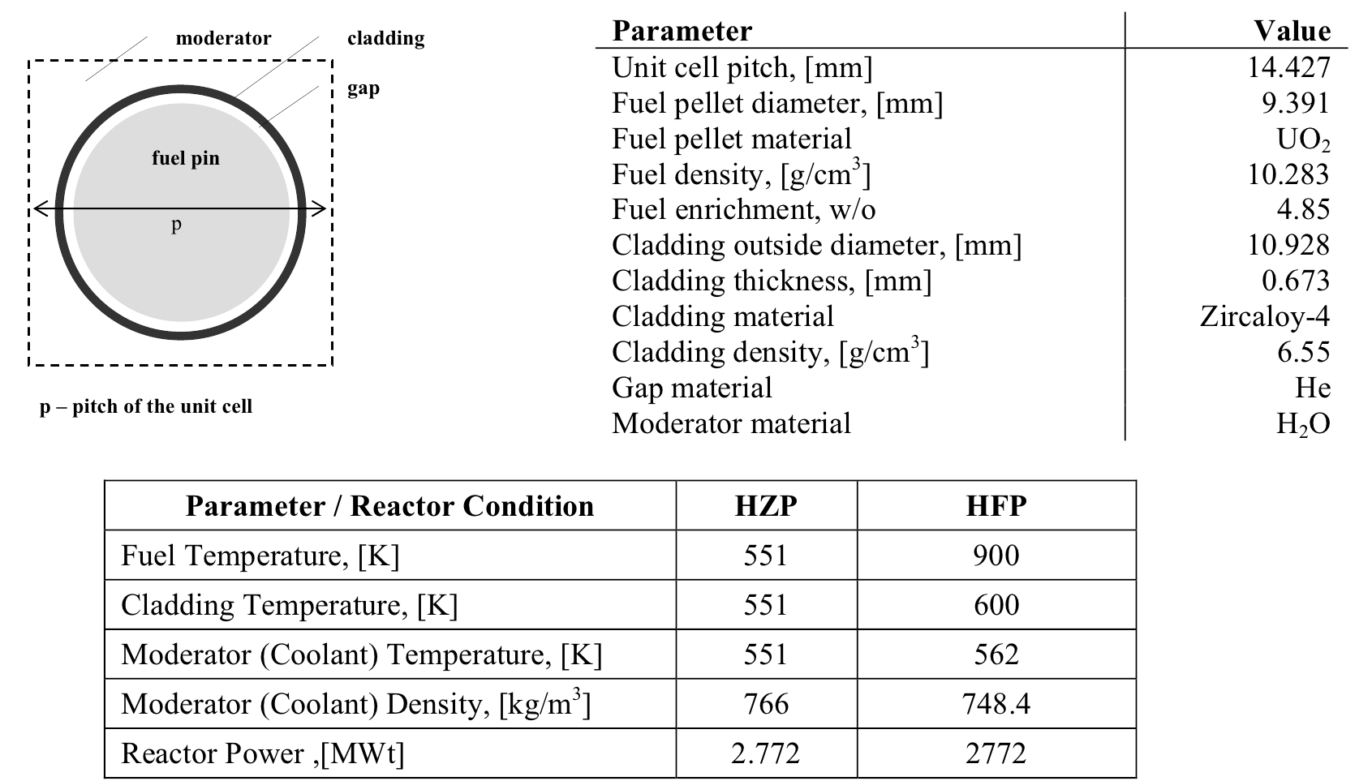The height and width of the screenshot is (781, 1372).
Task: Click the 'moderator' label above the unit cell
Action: [223, 38]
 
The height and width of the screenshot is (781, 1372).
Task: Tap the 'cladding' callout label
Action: [385, 38]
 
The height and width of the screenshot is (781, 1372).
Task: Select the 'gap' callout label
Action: [363, 88]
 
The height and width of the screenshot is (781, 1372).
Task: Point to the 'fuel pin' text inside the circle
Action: [186, 157]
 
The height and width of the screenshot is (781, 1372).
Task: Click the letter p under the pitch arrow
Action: [177, 224]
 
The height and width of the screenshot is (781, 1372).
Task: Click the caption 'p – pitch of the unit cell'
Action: [146, 406]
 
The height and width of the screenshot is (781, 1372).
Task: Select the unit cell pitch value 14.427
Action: [1288, 67]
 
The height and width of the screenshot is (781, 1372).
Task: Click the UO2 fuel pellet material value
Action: [1303, 139]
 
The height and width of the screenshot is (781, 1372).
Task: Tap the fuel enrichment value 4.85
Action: [1303, 209]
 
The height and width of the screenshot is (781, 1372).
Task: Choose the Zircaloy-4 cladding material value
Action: [1265, 316]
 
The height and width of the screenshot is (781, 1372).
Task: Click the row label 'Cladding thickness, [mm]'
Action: [771, 281]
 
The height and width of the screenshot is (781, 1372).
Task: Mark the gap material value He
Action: [1312, 388]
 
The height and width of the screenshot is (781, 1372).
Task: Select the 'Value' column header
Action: [1292, 31]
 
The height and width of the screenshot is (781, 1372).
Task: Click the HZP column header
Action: [765, 506]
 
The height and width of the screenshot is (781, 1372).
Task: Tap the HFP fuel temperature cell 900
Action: [996, 556]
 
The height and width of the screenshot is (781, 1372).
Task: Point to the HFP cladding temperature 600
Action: [996, 605]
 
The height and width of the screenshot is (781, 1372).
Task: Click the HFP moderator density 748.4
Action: [996, 703]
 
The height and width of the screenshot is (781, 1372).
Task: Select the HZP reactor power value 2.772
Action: [765, 753]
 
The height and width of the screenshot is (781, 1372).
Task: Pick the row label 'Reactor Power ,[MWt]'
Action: [262, 753]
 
